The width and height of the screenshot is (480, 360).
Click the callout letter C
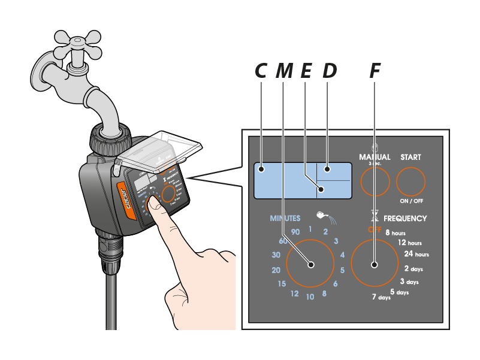pyautogui.click(x=261, y=71)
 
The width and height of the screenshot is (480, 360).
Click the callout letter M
pyautogui.click(x=285, y=71)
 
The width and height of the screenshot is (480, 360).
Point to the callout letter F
pyautogui.click(x=375, y=71)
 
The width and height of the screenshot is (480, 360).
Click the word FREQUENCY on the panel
pyautogui.click(x=405, y=219)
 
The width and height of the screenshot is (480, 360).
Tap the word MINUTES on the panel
pyautogui.click(x=285, y=219)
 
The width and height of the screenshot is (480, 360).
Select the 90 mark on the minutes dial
pyautogui.click(x=294, y=232)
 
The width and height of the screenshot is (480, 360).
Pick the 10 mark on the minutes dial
pyautogui.click(x=310, y=297)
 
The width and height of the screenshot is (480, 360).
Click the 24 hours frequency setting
pyautogui.click(x=416, y=254)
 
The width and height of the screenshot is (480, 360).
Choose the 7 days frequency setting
pyautogui.click(x=381, y=297)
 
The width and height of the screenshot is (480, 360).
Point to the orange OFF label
pyautogui.click(x=375, y=230)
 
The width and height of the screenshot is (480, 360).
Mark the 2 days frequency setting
pyautogui.click(x=413, y=269)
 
